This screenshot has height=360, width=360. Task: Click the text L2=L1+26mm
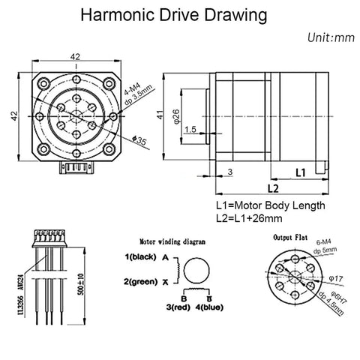pos(249,219)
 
